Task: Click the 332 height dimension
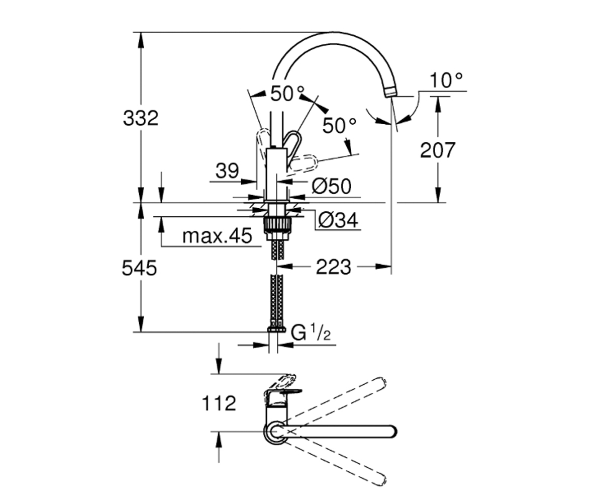point(141,118)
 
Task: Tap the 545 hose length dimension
point(139,268)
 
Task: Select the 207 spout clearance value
point(438,150)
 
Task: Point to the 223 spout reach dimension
point(334,267)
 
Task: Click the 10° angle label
point(447,80)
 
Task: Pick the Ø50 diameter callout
point(332,186)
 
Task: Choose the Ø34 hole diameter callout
point(338,220)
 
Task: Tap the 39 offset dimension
point(227,171)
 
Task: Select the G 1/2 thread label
point(311,332)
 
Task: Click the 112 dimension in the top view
point(219,403)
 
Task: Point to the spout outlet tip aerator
point(391,93)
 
